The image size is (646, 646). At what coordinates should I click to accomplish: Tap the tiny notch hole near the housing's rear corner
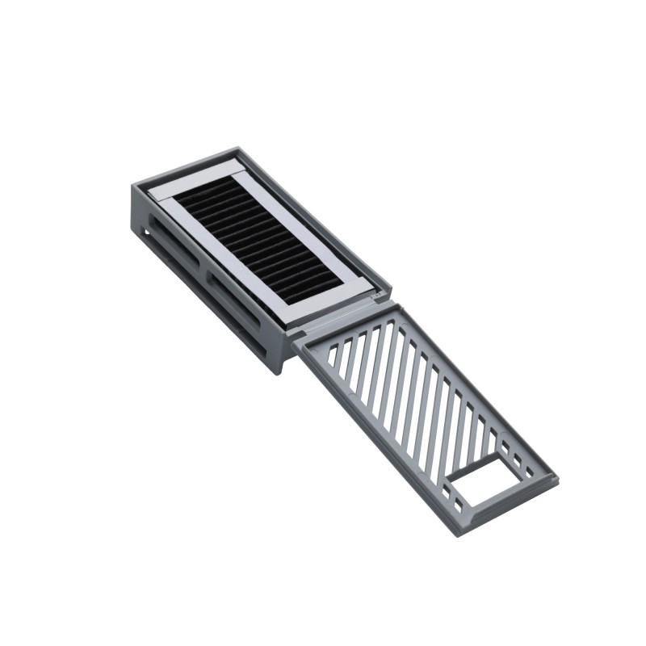146,233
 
